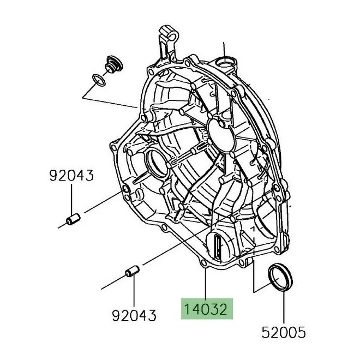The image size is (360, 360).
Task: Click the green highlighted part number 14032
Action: coord(207,309)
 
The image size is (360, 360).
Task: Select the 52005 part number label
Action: coord(284,332)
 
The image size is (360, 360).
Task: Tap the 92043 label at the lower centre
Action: coord(134,315)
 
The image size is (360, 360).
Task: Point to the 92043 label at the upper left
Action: coord(71,175)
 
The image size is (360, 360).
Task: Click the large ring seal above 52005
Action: coord(280,278)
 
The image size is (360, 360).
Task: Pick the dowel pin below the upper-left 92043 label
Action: coord(73,219)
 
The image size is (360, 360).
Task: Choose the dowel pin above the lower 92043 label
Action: coord(132,271)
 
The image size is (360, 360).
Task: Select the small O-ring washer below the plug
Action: coord(99,80)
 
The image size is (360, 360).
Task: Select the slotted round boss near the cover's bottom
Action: coord(218,247)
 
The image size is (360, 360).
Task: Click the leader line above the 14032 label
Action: coord(206,284)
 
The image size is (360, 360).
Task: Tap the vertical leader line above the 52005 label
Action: coord(284,308)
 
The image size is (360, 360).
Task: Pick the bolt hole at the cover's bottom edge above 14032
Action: coord(203,263)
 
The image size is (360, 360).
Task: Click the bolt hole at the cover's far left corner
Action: coord(113,147)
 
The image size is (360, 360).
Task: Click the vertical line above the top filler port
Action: coord(224,50)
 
